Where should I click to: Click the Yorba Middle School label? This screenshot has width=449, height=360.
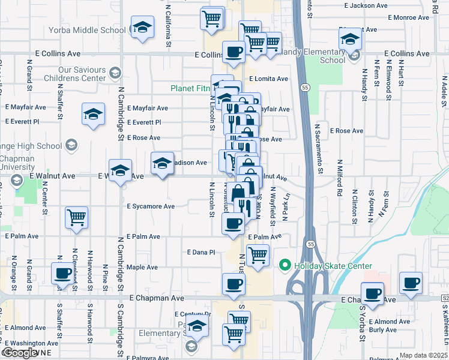[x=92, y=30]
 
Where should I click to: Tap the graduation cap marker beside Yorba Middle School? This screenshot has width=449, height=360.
[x=142, y=28]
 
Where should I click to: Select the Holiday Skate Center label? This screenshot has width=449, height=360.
[x=333, y=266]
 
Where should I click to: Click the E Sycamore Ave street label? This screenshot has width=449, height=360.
[x=151, y=206]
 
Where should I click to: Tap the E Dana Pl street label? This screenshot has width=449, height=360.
[x=201, y=253]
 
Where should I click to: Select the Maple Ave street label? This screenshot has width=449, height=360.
[x=142, y=267]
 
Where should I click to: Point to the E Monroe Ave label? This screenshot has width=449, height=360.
[x=408, y=17]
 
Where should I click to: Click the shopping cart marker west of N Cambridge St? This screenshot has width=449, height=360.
[x=76, y=218]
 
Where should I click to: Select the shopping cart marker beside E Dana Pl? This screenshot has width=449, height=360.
[x=258, y=255]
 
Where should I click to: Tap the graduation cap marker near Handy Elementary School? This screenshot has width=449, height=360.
[x=350, y=40]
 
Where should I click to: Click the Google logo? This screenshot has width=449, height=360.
[x=20, y=353]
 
